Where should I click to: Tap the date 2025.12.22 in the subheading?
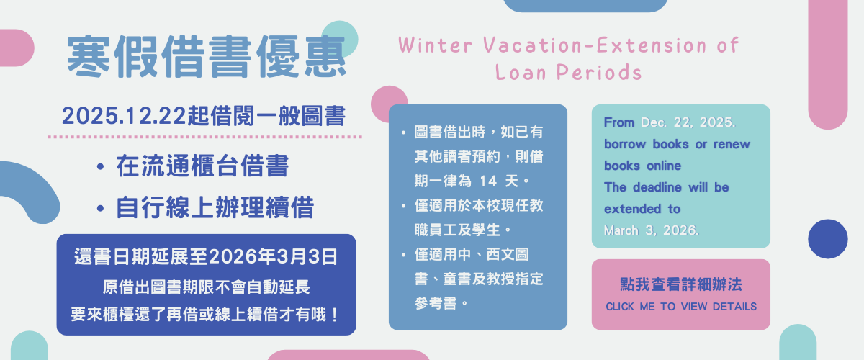tap(124, 115)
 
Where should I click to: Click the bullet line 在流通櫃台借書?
tap(202, 167)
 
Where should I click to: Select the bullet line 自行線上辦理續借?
tap(215, 208)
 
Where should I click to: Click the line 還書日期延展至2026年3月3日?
tap(206, 256)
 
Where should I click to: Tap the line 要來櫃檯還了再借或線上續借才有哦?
tap(206, 315)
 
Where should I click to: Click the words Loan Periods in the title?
tap(568, 72)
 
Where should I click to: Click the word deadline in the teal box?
tap(657, 187)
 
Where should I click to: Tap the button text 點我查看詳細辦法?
tap(680, 284)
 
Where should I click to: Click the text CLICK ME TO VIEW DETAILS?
tap(680, 307)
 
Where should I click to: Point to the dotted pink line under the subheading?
tap(204, 135)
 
